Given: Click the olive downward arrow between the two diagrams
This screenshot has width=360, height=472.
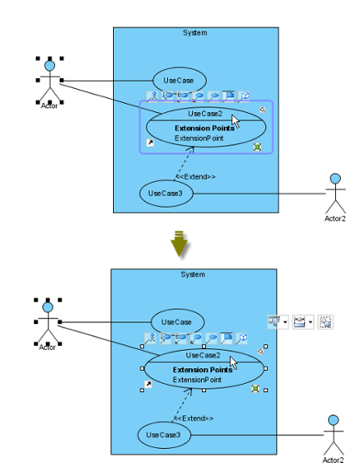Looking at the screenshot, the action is pos(179,243).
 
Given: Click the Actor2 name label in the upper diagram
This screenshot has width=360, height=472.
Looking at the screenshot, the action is pos(335,219).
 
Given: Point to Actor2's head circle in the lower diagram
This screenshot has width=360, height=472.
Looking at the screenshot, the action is pos(333,420).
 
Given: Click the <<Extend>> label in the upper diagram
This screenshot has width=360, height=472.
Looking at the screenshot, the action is pos(195,177).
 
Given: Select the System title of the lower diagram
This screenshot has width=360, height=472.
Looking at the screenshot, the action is pos(193,274).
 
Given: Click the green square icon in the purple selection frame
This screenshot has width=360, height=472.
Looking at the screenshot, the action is pos(257,147).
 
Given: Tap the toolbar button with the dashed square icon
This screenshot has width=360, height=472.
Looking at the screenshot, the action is pos(325,322).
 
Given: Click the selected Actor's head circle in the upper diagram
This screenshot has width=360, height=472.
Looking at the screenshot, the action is pos(50,66).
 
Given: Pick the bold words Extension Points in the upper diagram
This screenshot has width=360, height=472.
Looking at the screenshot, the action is pos(205,128).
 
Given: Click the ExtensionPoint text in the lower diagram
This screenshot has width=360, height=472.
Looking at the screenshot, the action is pos(197,380).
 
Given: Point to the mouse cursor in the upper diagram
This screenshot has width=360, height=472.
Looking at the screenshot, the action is pos(235,121).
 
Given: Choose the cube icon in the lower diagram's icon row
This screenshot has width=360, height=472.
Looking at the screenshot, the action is pos(242,337).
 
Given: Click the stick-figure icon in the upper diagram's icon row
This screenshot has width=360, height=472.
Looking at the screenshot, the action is pos(152,96).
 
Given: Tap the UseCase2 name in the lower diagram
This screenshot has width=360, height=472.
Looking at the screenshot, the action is pos(203,356).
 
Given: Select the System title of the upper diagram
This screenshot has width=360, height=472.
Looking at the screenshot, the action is pos(195,32).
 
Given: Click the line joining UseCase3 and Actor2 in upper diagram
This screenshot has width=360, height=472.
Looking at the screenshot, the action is pos(259,194).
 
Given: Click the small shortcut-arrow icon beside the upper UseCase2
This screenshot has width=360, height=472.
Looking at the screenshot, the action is pos(150,143).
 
